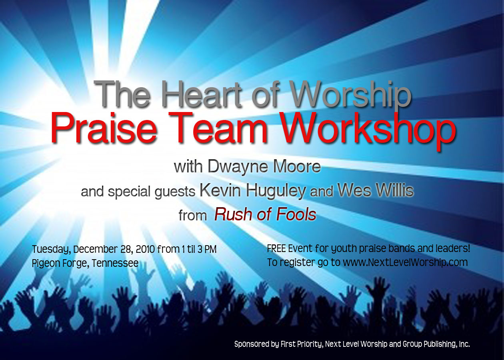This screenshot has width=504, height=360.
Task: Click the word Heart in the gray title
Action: [x=201, y=94]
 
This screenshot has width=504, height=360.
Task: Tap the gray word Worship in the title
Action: [x=350, y=94]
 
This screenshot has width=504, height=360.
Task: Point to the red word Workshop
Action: [x=368, y=130]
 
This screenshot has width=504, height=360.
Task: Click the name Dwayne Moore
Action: [x=264, y=167]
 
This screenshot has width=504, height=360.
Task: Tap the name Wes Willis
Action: [x=376, y=190]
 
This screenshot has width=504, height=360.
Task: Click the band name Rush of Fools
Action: [x=265, y=214]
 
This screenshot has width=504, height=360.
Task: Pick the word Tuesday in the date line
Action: [x=52, y=250]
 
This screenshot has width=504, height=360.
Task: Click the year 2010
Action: [x=145, y=249]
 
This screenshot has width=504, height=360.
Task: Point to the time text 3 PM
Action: [x=207, y=249]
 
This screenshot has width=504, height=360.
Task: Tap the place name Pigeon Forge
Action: [x=59, y=263]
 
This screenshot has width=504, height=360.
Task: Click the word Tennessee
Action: [x=115, y=263]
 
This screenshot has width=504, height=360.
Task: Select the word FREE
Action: [x=276, y=249]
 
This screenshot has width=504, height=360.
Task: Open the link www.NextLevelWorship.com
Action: [x=405, y=262]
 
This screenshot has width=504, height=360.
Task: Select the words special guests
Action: [x=152, y=192]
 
